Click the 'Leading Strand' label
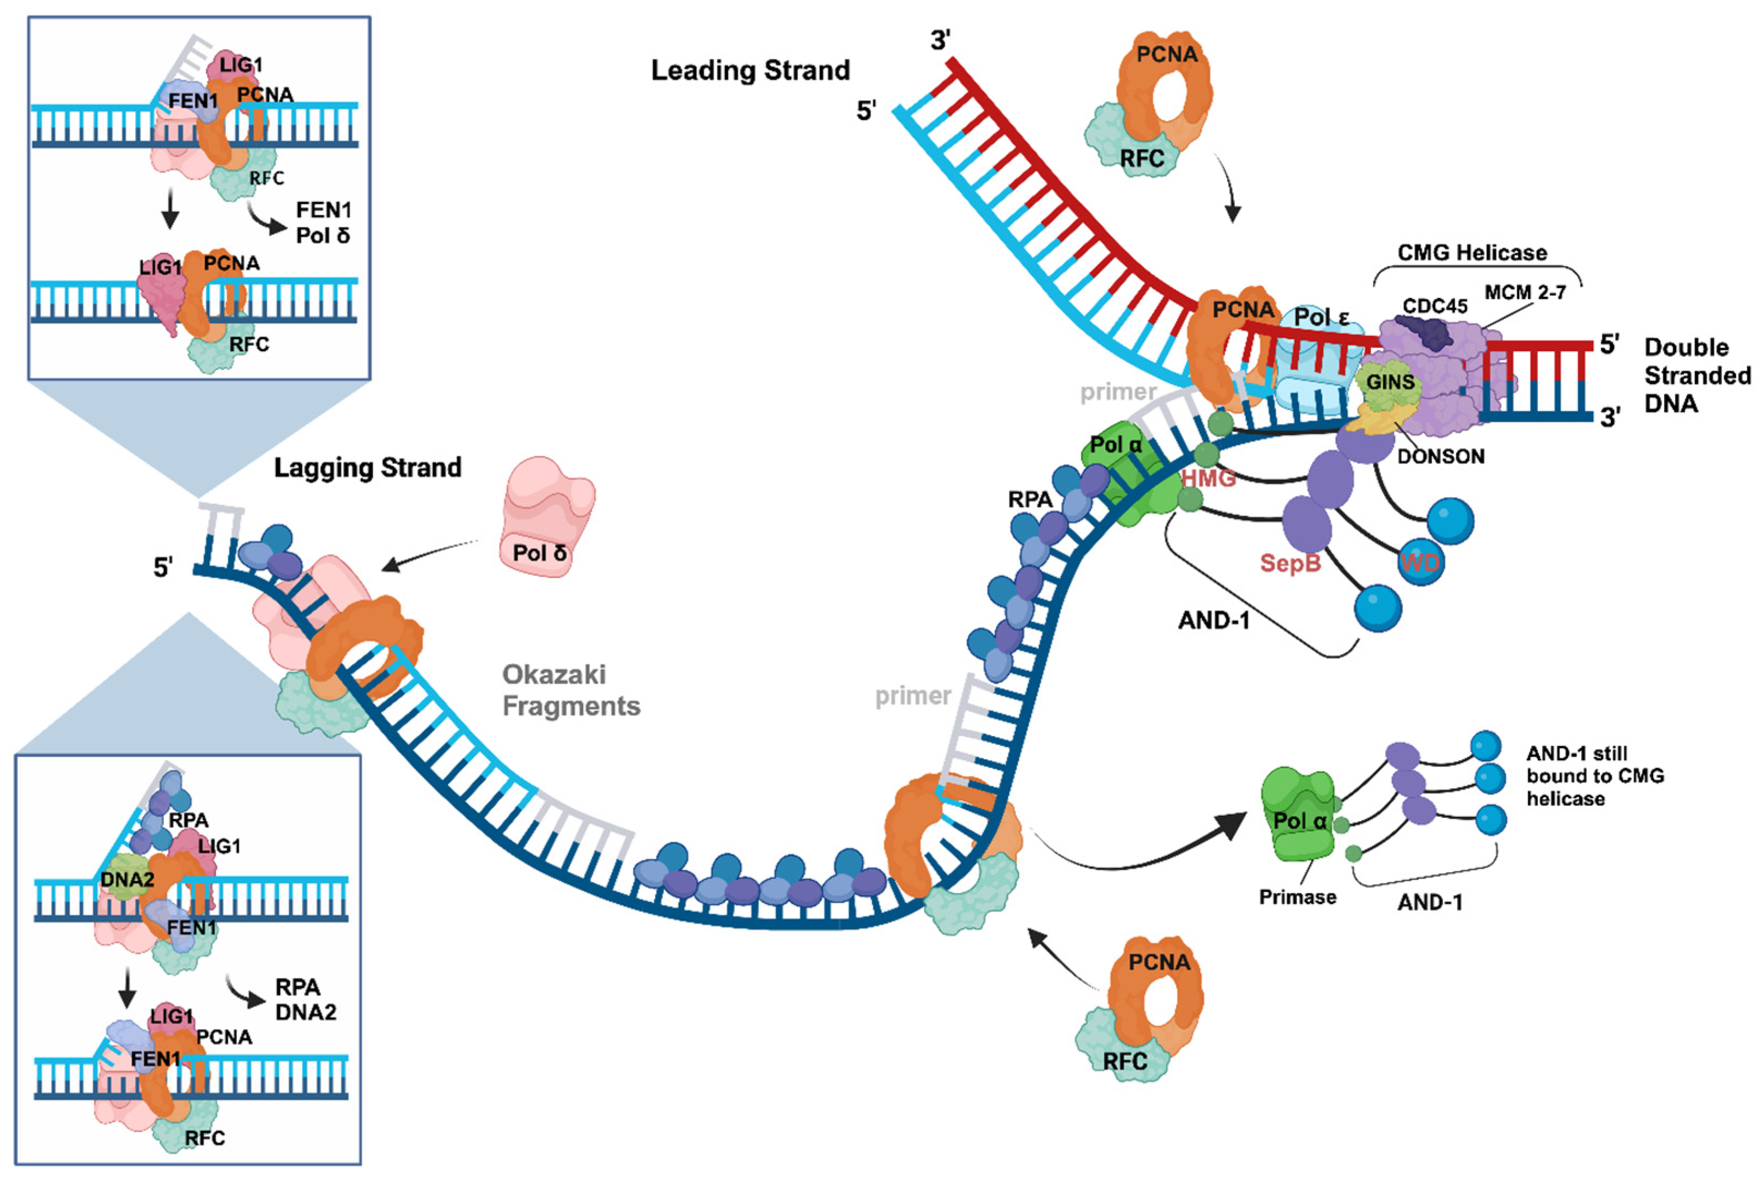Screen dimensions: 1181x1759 point(750,70)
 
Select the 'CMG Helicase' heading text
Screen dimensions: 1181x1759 point(1471,252)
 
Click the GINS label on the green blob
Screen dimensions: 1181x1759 point(1390,382)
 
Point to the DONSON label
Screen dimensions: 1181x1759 point(1440,456)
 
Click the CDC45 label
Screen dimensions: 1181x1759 point(1434,306)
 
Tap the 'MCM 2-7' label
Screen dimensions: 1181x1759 point(1525,292)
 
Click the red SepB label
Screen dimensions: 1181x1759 point(1291,562)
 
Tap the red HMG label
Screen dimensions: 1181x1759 point(1208,478)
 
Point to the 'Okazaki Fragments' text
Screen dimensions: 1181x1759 point(570,690)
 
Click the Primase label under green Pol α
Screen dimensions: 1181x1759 point(1297,897)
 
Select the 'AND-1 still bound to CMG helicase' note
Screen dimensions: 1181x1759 point(1595,776)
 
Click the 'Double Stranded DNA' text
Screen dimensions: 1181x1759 point(1696,375)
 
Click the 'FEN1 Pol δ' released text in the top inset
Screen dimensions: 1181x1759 point(323,222)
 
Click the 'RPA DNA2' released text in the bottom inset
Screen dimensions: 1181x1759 point(305,1000)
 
